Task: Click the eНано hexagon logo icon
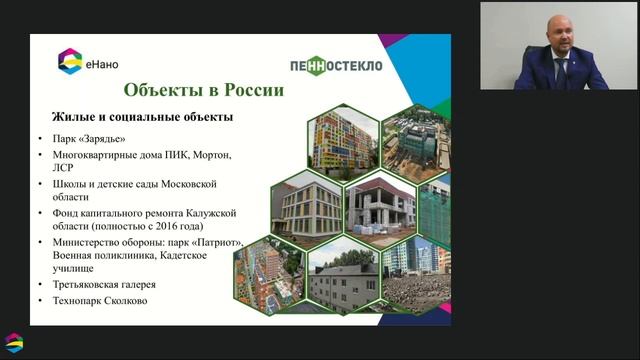click(x=71, y=61)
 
